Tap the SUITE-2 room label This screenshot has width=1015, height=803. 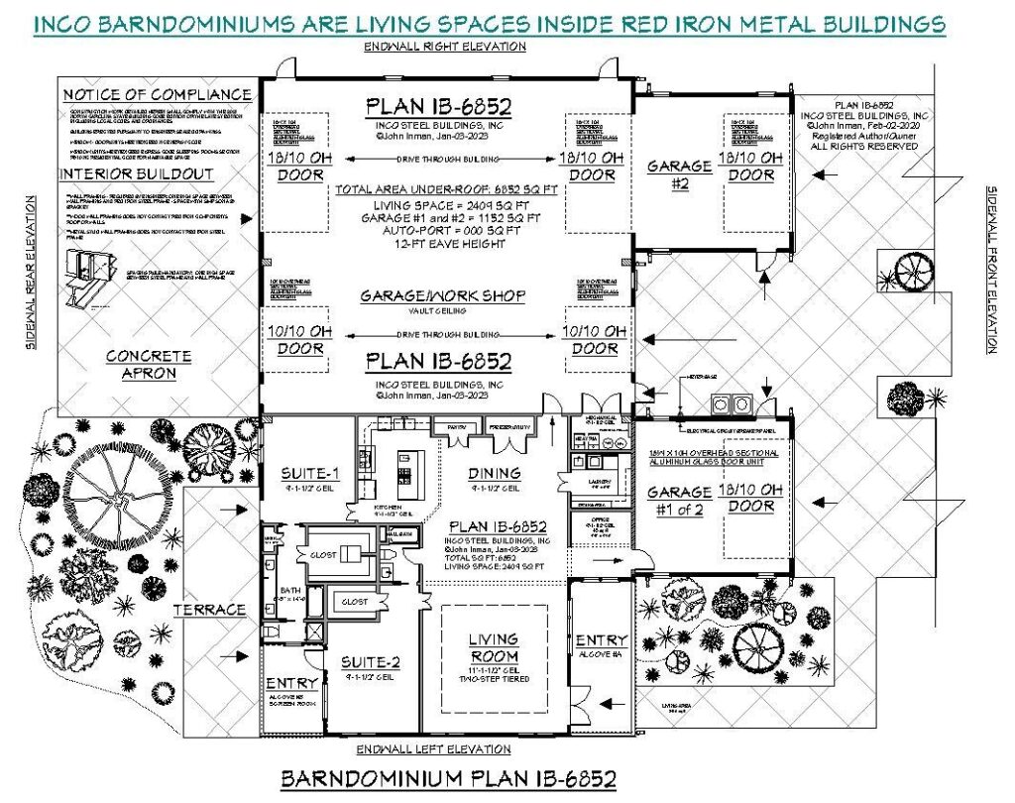point(364,662)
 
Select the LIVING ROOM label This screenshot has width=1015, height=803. point(493,648)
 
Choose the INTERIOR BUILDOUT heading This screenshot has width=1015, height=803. point(136,174)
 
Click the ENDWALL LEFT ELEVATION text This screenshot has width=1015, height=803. point(443,748)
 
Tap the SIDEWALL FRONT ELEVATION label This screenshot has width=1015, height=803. point(990,269)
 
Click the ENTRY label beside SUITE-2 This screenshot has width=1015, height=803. point(292,683)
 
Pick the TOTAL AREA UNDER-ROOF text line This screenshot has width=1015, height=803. point(443,187)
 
